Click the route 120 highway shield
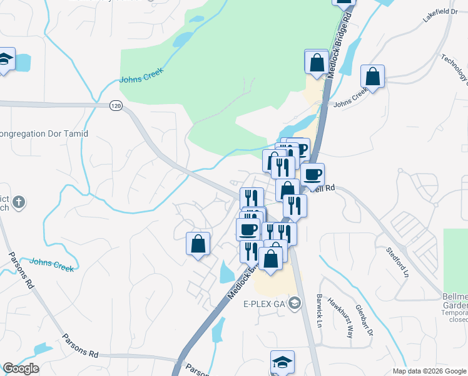tap(116, 106)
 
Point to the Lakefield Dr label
tap(437, 16)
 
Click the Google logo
tap(21, 368)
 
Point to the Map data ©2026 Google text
tap(429, 371)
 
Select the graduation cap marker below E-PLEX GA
tap(282, 362)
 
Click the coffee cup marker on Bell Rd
tap(312, 175)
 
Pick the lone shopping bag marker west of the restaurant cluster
tap(198, 243)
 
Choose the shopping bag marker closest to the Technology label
tap(373, 77)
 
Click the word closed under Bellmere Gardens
tap(457, 319)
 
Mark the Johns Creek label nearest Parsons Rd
tap(52, 264)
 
